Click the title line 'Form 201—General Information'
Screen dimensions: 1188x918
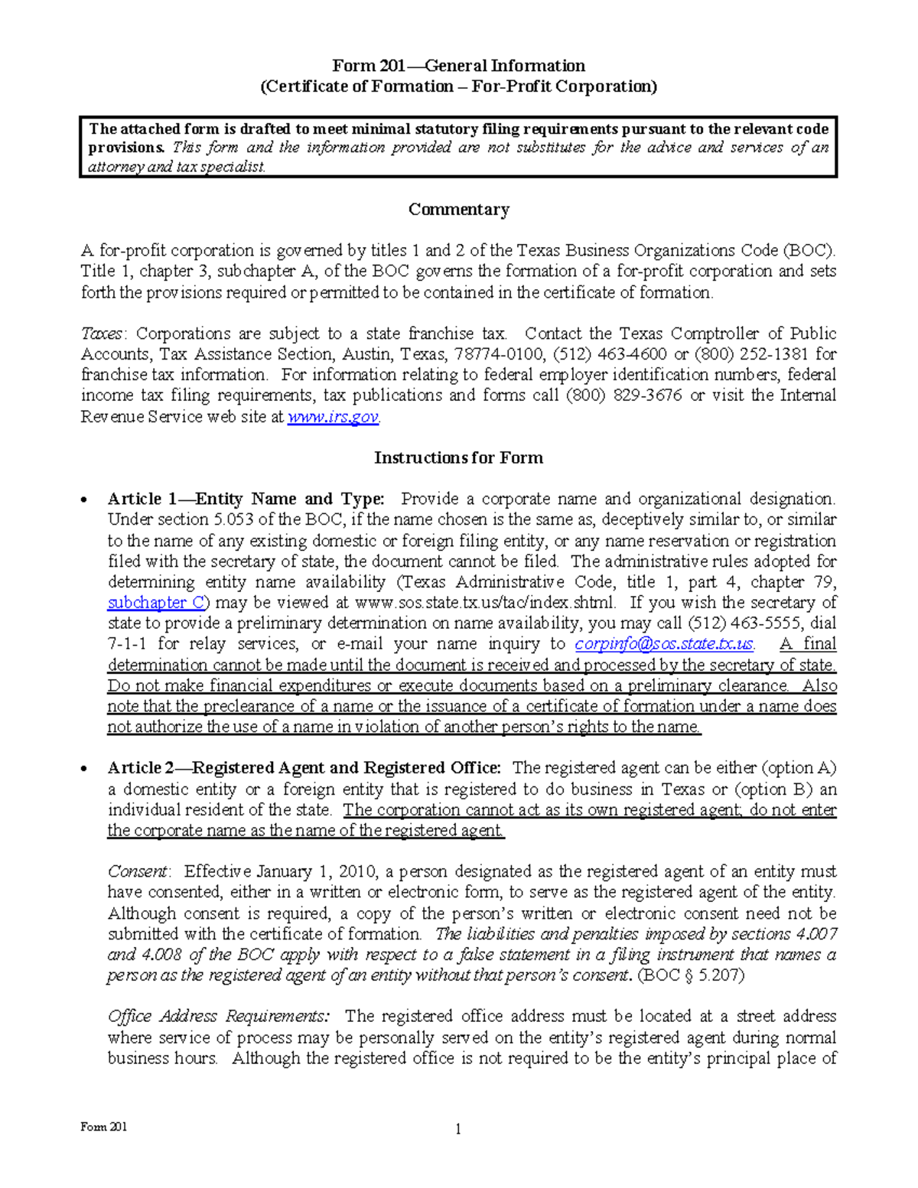458,66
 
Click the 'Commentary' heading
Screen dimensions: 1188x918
458,210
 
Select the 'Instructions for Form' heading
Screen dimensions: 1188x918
458,457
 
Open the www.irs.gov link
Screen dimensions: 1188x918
333,417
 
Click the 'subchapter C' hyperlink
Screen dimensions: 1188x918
156,603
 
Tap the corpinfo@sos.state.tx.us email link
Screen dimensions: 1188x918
664,644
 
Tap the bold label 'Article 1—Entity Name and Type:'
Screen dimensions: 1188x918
246,500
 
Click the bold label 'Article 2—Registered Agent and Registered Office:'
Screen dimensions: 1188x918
304,768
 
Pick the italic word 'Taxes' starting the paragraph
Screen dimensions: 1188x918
102,334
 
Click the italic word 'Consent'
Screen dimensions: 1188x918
137,871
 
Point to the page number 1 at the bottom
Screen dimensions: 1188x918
458,1129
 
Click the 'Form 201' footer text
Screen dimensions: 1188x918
104,1127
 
